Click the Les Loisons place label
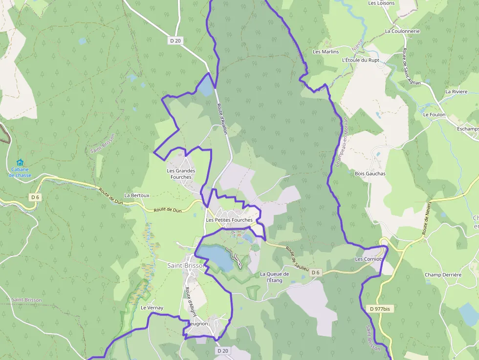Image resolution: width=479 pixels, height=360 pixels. [381, 3]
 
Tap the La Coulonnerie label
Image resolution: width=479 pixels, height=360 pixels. [402, 31]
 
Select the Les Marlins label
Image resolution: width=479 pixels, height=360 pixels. [326, 52]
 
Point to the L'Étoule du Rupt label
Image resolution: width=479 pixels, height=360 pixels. [360, 60]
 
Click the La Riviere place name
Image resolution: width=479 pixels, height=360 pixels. [456, 92]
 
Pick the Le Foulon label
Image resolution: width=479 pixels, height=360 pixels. [434, 115]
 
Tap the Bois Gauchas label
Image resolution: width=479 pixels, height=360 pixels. [370, 173]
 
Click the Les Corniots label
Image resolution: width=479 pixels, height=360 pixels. [369, 259]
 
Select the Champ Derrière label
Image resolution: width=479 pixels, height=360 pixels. [443, 275]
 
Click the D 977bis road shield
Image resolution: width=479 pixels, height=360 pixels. [380, 309]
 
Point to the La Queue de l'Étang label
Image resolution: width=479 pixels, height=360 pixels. [274, 277]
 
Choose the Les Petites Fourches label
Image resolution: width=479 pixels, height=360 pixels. [229, 220]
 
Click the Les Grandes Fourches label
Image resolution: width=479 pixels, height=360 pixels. [181, 174]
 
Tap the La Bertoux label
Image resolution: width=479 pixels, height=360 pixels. [137, 195]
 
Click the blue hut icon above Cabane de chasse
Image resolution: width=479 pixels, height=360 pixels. [20, 162]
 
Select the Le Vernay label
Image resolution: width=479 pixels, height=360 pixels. [152, 308]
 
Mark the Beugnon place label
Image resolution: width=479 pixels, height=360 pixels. [197, 324]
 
